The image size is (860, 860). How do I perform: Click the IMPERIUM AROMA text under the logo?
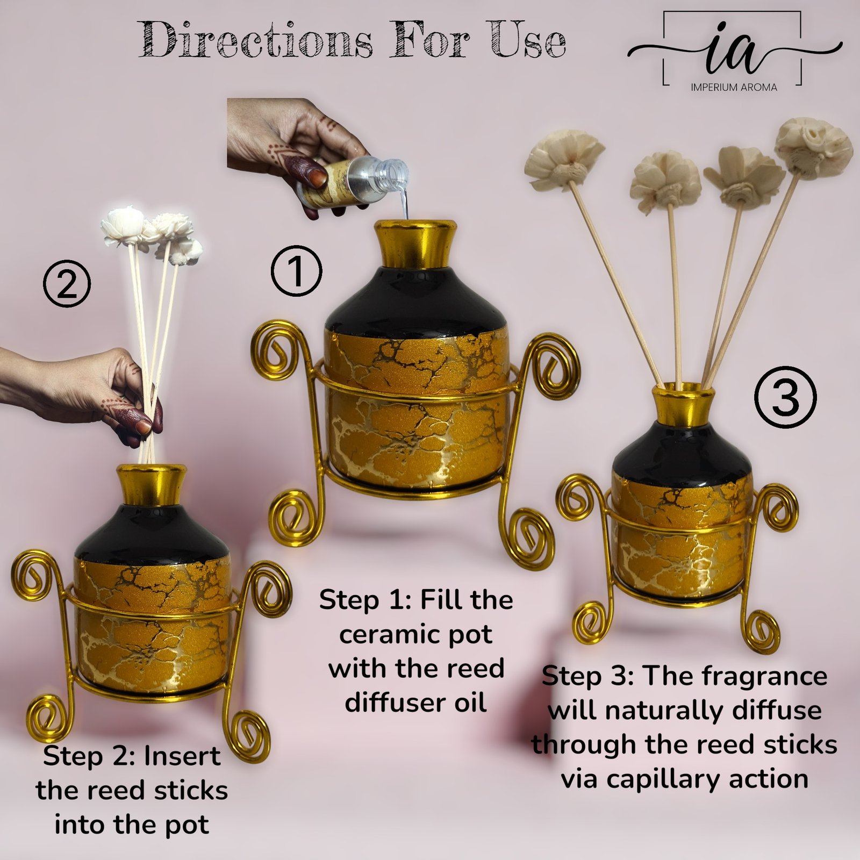tap(734, 87)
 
